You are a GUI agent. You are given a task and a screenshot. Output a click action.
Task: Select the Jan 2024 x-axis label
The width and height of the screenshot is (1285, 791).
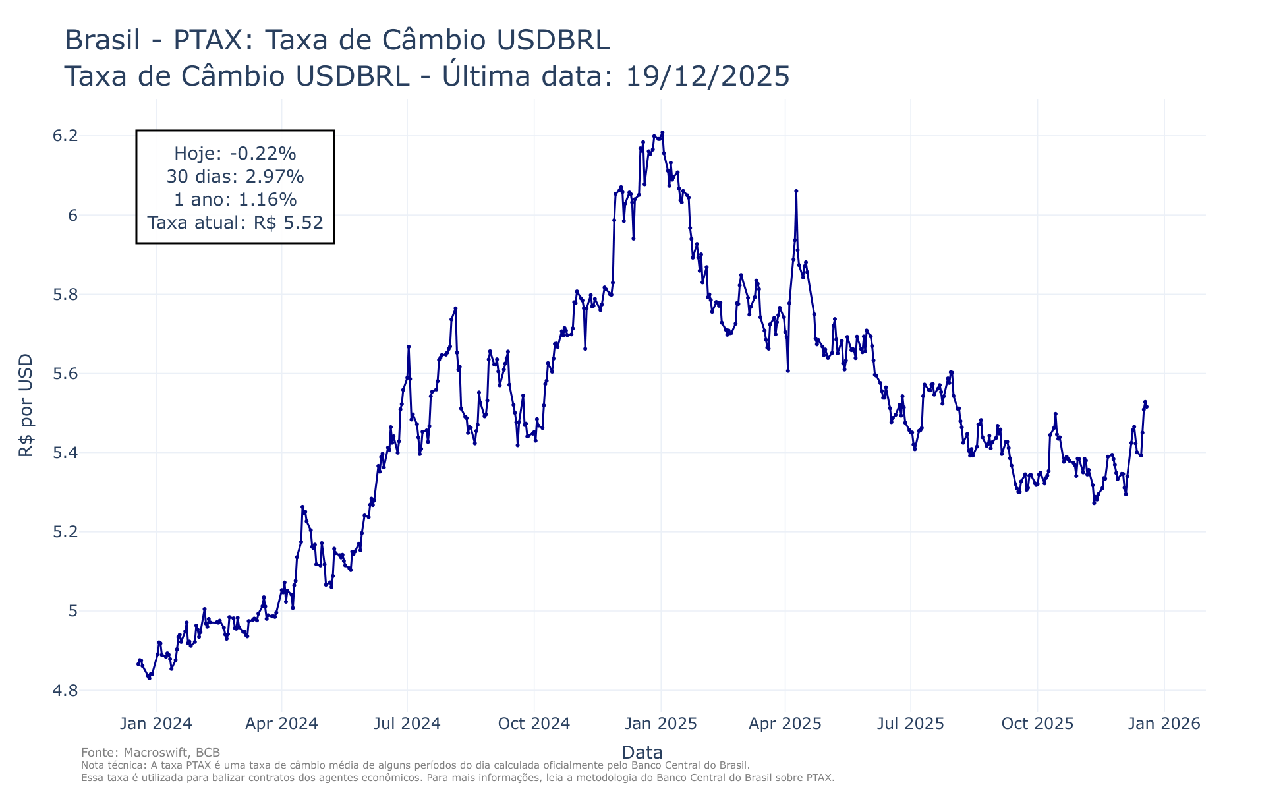pyautogui.click(x=156, y=724)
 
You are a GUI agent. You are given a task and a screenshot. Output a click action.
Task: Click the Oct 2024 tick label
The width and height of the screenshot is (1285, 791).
pyautogui.click(x=534, y=724)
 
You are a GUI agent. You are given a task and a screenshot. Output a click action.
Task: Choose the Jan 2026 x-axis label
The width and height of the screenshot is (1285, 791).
pyautogui.click(x=1164, y=724)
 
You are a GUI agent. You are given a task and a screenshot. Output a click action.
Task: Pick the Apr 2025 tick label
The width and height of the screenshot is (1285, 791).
pyautogui.click(x=785, y=724)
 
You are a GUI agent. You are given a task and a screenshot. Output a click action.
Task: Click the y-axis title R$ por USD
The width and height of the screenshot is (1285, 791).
pyautogui.click(x=26, y=405)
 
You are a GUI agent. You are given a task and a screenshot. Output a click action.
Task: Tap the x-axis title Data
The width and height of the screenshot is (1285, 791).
pyautogui.click(x=642, y=753)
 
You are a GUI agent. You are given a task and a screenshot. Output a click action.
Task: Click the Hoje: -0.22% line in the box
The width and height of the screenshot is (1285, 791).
pyautogui.click(x=235, y=154)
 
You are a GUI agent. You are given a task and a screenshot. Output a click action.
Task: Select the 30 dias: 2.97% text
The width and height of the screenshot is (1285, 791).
pyautogui.click(x=235, y=177)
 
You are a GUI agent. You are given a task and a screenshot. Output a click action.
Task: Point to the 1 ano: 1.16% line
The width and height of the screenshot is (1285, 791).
pyautogui.click(x=235, y=200)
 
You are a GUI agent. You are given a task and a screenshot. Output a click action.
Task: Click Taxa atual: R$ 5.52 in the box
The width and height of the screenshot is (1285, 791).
pyautogui.click(x=235, y=223)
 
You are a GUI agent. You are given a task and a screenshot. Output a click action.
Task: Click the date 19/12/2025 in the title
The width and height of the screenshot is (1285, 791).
pyautogui.click(x=707, y=76)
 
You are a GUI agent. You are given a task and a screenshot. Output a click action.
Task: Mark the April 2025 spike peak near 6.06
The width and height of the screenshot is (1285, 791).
pyautogui.click(x=796, y=191)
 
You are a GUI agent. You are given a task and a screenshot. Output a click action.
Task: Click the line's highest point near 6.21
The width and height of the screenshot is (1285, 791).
pyautogui.click(x=662, y=132)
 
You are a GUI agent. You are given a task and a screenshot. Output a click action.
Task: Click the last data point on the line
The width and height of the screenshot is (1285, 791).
pyautogui.click(x=1147, y=407)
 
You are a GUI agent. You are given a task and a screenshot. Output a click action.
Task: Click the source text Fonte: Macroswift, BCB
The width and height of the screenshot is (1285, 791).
pyautogui.click(x=150, y=753)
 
